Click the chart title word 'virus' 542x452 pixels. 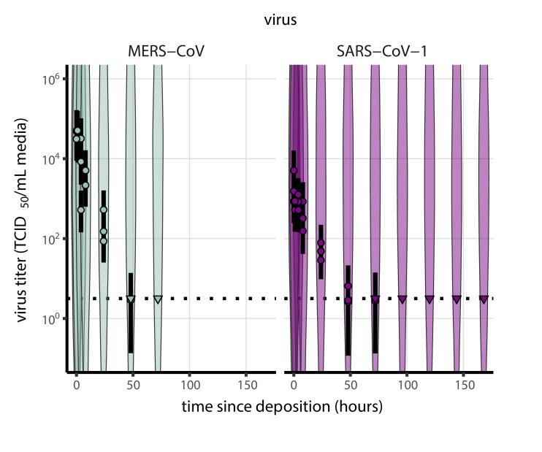coord(280,20)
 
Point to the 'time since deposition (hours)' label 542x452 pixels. coord(282,406)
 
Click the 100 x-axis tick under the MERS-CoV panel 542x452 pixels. coord(190,383)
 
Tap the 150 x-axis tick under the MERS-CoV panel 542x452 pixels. coord(246,383)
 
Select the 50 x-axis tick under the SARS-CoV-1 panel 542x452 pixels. coord(350,383)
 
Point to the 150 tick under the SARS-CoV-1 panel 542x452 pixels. coord(462,383)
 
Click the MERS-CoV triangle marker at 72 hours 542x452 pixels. coord(158,299)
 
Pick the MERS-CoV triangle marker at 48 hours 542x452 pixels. coord(131,299)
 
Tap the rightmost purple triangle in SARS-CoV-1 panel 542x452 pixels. coord(484,299)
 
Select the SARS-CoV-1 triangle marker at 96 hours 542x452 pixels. coord(402,299)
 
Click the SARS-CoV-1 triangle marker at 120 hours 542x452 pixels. coord(430,299)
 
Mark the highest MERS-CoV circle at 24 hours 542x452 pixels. coord(104,210)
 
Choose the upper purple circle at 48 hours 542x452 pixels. coord(348,286)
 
